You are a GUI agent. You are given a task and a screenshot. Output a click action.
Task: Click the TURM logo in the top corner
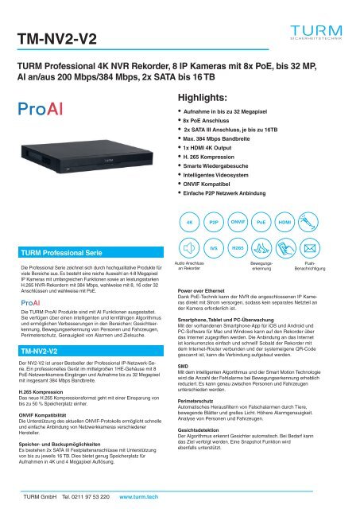tap(316, 31)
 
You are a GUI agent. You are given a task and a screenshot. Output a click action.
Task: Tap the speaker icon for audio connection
tap(188, 249)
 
